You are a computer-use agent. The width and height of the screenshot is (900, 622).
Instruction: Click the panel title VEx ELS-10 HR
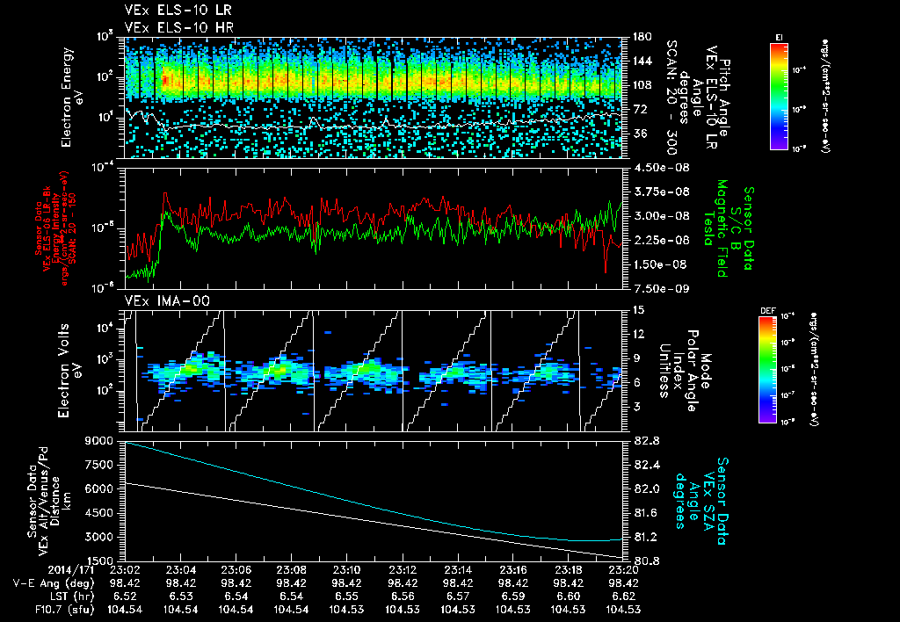pos(171,27)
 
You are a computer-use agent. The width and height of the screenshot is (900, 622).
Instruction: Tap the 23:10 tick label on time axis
pos(346,569)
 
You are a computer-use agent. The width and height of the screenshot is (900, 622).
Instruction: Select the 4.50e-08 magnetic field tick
pos(653,167)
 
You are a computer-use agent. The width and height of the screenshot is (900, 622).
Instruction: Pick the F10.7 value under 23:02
pos(124,609)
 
